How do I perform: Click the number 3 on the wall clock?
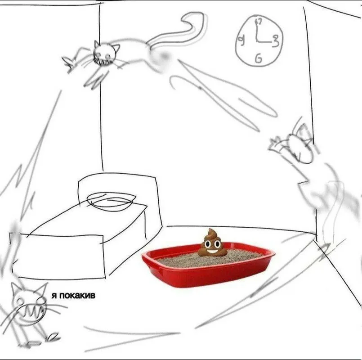(275, 40)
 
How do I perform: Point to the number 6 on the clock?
(259, 58)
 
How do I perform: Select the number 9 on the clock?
(241, 41)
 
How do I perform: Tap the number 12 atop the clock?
(258, 21)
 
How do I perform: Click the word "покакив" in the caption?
(77, 296)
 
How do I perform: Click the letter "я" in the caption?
(54, 296)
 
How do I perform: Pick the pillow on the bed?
(111, 200)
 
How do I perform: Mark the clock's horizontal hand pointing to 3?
(264, 42)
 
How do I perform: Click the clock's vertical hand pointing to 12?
(256, 31)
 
